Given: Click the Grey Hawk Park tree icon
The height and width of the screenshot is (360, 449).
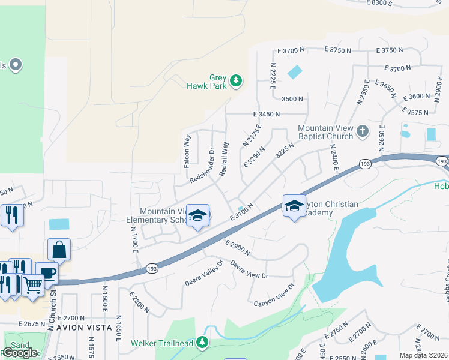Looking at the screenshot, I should point(237,80).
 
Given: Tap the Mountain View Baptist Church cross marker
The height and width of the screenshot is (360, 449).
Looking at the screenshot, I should point(362,131).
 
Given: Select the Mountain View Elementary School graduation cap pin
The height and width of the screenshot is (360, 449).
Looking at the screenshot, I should point(197,214).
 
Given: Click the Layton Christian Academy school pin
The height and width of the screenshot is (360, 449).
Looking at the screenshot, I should point(294,206).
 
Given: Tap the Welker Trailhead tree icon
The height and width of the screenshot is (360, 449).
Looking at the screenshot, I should point(203,342).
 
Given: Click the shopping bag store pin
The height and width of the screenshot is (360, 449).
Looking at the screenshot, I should point(59,248).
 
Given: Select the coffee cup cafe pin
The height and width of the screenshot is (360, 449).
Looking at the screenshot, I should point(47,272).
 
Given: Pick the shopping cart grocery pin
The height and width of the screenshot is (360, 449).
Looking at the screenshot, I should point(33,284).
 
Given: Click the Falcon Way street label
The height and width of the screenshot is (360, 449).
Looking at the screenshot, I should point(187,149).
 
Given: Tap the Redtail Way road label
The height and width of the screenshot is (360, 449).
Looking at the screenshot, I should point(224,158).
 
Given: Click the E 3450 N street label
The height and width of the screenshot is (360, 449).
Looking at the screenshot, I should point(267,113).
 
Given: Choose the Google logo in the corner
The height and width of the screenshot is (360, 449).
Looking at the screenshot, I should point(20,353).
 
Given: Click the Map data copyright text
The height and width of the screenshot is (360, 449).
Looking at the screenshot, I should point(423,355).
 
